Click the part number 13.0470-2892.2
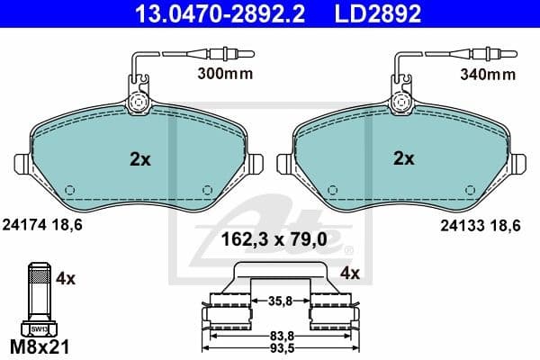coord(181,13)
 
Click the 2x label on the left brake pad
coord(139,159)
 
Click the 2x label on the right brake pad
coord(403,159)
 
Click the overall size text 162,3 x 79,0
coord(270,240)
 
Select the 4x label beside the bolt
coord(65,279)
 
